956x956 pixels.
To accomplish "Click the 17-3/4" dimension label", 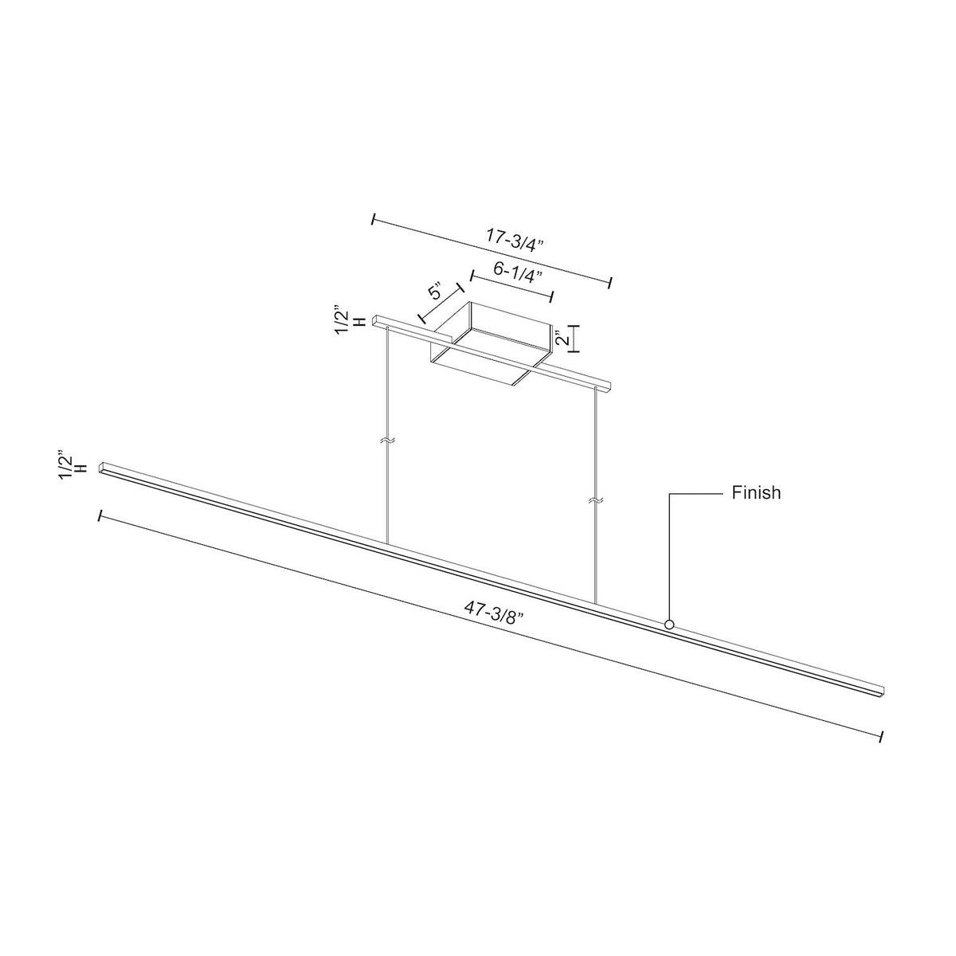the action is coord(515,241).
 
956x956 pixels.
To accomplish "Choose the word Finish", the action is coord(756,493).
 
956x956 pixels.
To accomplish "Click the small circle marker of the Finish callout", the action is coord(669,625).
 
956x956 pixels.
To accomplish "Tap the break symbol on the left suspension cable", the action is coord(387,441).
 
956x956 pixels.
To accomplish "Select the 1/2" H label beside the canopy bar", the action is coord(351,320).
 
